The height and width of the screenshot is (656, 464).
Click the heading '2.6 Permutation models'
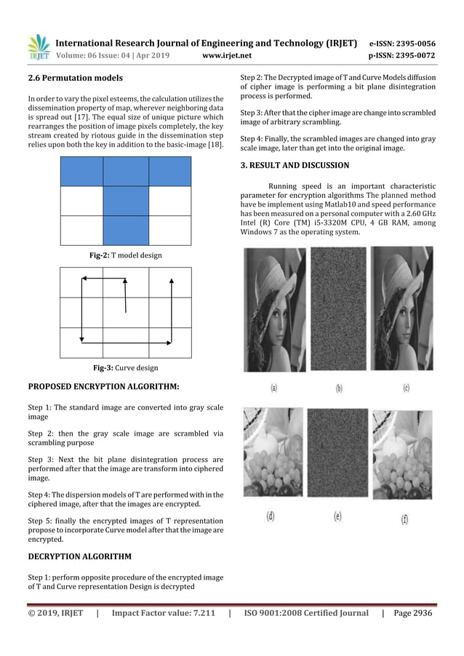click(75, 77)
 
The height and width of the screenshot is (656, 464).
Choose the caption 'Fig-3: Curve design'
click(126, 368)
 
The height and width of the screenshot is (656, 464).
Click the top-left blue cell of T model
click(81, 172)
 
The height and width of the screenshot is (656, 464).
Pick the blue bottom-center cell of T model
click(126, 230)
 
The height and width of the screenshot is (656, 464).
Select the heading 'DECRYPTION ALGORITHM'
click(80, 556)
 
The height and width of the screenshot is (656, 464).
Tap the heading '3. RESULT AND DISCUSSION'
click(295, 165)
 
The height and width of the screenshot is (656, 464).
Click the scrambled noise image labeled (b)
click(338, 309)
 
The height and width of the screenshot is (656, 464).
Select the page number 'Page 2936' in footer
click(412, 613)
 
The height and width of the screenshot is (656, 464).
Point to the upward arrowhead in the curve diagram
click(171, 279)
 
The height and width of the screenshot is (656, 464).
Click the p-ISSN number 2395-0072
click(412, 55)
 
